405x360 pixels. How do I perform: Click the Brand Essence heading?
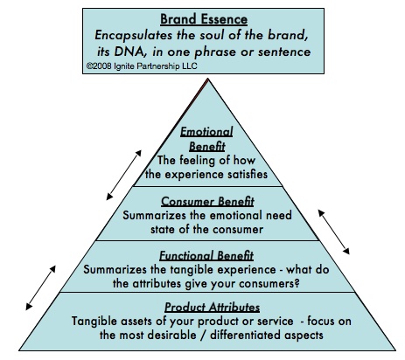click(x=204, y=19)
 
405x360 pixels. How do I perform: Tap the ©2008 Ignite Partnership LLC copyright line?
click(x=142, y=66)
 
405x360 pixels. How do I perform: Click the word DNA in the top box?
click(x=128, y=52)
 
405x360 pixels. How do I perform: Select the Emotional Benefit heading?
click(x=206, y=139)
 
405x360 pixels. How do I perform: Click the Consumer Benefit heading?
click(x=207, y=202)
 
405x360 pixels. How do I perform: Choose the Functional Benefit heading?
click(x=206, y=256)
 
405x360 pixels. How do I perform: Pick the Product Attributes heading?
click(x=212, y=308)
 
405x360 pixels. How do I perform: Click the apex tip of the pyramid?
click(x=208, y=78)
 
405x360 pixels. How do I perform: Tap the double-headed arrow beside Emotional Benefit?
click(x=124, y=175)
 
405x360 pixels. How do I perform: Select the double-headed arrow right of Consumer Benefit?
click(x=334, y=232)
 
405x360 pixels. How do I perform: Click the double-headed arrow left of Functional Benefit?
click(x=40, y=287)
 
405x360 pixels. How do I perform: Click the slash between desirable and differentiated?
click(x=203, y=335)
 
